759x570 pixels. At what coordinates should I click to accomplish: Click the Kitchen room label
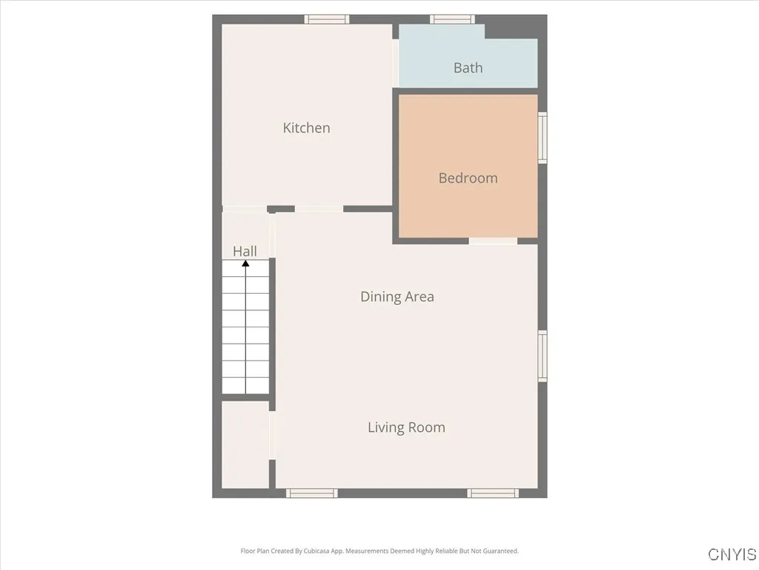click(x=306, y=128)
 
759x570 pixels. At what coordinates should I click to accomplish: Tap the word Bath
click(x=468, y=68)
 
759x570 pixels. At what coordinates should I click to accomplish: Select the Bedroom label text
click(x=468, y=178)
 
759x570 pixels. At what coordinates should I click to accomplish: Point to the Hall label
click(x=245, y=251)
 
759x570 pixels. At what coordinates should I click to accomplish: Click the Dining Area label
click(x=397, y=297)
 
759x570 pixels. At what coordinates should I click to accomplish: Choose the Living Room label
click(x=406, y=427)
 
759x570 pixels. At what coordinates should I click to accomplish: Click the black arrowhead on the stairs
click(x=245, y=263)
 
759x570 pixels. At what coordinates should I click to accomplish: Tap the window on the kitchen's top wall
click(x=327, y=19)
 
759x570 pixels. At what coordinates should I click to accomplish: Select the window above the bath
click(x=453, y=19)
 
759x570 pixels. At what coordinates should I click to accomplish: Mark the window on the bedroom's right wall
click(x=543, y=137)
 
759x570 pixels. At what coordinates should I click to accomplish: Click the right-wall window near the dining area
click(x=543, y=356)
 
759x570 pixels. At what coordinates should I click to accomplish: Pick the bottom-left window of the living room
click(x=312, y=493)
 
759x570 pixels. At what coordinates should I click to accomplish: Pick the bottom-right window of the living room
click(x=493, y=493)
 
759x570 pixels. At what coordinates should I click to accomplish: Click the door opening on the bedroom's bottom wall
click(x=493, y=240)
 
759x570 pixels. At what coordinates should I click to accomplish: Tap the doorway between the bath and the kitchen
click(x=396, y=64)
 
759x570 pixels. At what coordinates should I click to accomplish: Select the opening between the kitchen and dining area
click(x=319, y=209)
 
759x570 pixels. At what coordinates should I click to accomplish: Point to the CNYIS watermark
click(x=732, y=554)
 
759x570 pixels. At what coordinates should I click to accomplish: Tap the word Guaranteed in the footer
click(x=500, y=551)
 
